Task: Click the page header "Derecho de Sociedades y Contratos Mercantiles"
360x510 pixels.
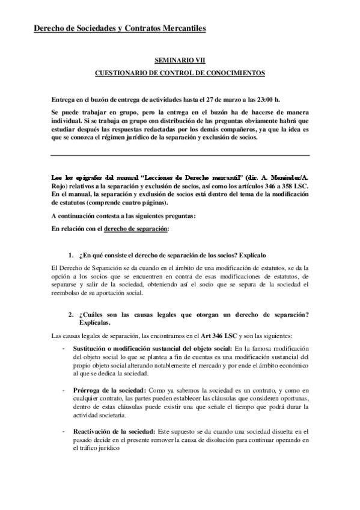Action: pyautogui.click(x=120, y=28)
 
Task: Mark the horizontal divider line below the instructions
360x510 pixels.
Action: pyautogui.click(x=180, y=156)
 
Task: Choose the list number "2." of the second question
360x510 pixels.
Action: pyautogui.click(x=70, y=315)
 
